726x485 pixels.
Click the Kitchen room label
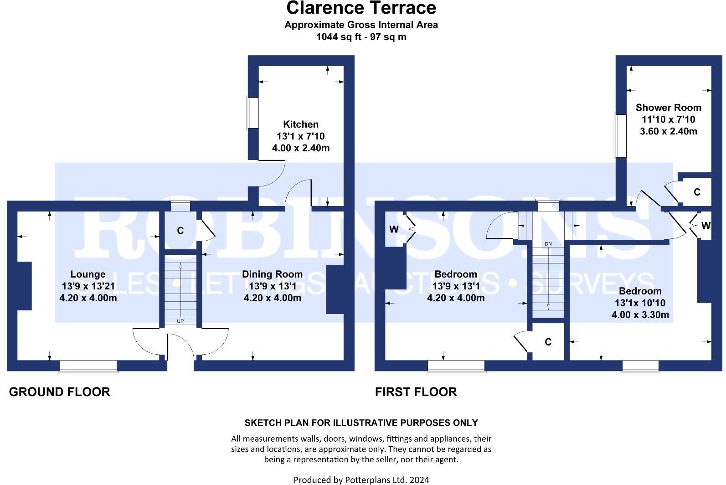(x=301, y=124)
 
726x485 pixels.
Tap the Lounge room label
(x=88, y=274)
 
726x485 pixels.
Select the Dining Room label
(x=272, y=274)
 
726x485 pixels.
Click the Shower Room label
(x=668, y=108)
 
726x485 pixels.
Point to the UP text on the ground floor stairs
(x=180, y=321)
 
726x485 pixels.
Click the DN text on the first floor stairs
(x=548, y=244)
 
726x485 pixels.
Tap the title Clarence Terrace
(x=361, y=8)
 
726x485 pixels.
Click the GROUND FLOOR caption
(x=60, y=392)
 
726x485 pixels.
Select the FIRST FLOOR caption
(x=416, y=392)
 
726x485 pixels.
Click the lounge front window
(x=88, y=366)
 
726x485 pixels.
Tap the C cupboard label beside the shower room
(x=697, y=192)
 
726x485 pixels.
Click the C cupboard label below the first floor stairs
(x=548, y=342)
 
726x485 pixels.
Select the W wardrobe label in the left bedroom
(x=394, y=229)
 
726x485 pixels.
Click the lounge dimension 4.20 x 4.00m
(x=88, y=298)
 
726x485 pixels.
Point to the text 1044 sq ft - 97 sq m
(x=361, y=37)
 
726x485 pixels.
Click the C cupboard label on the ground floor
(x=180, y=231)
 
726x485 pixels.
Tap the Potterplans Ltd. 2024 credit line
(x=361, y=480)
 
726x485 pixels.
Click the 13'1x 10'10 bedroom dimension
(x=640, y=303)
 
